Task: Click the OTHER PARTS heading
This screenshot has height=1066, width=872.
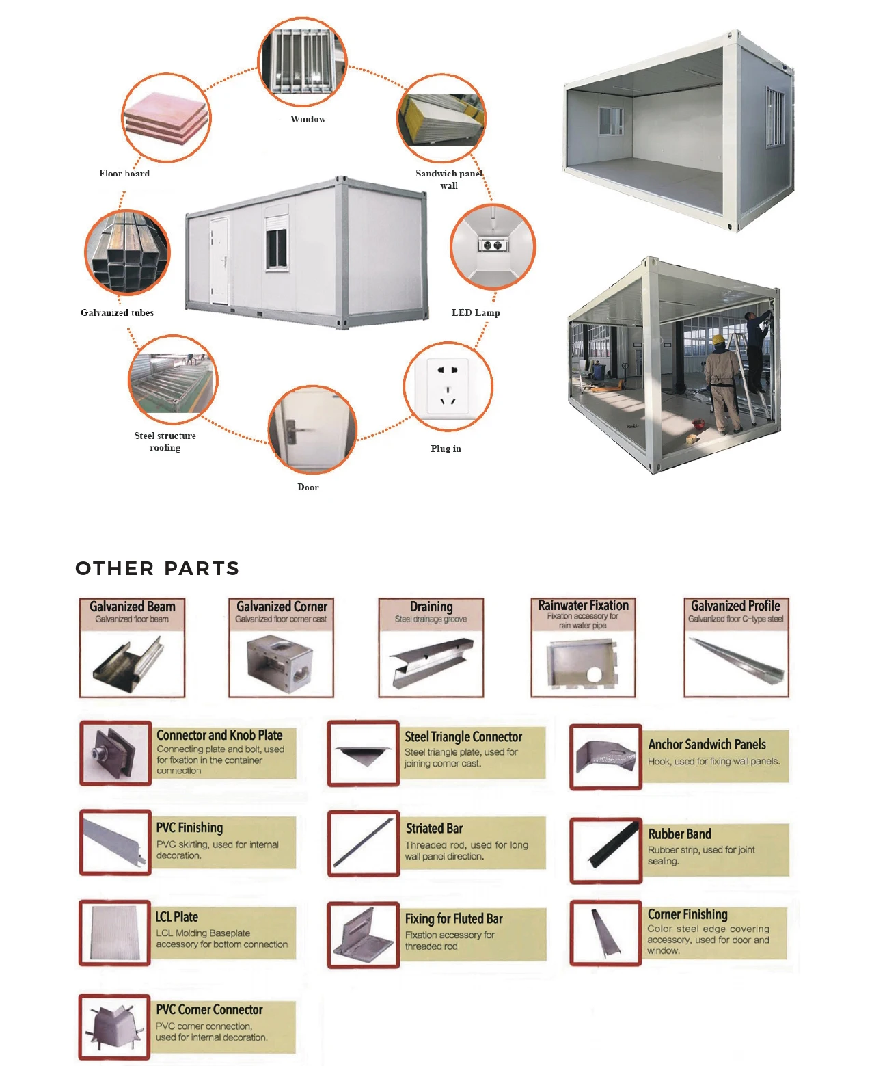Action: pos(157,568)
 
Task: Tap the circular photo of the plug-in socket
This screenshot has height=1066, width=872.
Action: pos(448,387)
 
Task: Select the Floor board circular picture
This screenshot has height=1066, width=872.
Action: pos(166,118)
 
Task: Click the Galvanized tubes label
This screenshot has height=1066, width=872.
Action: pos(117,312)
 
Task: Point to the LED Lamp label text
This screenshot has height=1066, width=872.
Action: pos(476,312)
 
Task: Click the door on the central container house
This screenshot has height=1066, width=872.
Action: pos(219,261)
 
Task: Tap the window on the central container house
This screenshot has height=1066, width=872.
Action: pos(277,249)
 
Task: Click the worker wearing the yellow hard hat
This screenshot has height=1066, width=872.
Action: pos(722,384)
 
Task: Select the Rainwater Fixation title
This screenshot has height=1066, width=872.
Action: pos(583,605)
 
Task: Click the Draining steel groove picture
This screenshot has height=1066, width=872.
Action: pos(431,662)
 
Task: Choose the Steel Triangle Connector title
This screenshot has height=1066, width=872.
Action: pos(463,736)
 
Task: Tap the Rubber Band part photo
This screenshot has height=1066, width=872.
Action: pos(605,850)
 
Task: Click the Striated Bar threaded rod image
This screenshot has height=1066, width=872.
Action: pos(364,843)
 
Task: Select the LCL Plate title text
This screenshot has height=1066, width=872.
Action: pos(177,917)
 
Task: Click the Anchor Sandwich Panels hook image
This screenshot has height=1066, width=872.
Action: pos(605,756)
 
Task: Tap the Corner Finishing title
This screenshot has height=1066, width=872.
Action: pos(687,914)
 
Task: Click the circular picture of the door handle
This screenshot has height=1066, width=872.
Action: pos(312,429)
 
